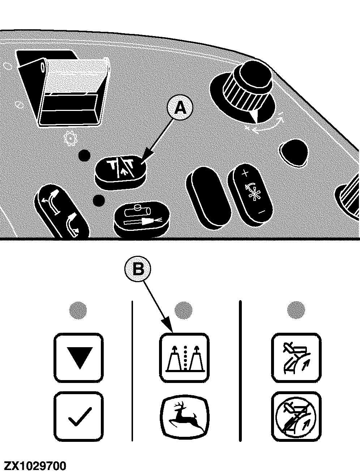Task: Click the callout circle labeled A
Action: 180,108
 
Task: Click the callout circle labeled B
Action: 138,269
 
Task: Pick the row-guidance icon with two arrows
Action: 184,358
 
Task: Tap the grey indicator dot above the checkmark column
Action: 78,310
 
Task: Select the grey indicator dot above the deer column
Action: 183,310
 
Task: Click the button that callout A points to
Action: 120,172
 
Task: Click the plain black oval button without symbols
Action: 209,198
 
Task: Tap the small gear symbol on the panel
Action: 71,138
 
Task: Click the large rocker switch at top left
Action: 63,88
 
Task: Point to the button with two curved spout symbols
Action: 62,212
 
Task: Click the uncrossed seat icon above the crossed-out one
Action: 296,358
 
